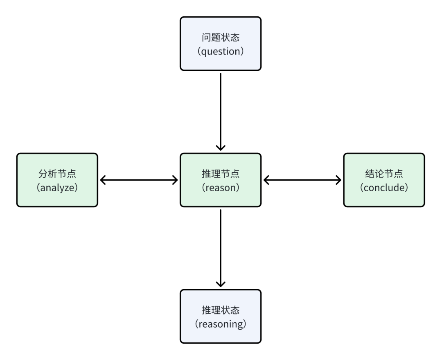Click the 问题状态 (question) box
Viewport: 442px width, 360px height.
(221, 44)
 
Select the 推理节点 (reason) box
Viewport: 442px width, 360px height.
(221, 180)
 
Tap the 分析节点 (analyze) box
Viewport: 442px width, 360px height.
(57, 180)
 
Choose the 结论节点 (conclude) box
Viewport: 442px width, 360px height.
(384, 180)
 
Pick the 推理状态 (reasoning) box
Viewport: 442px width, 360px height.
(221, 316)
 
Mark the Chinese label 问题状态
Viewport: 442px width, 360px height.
(221, 38)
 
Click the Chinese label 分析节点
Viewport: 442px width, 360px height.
(57, 174)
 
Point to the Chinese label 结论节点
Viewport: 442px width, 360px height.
(384, 174)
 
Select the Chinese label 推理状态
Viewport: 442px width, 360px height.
(221, 310)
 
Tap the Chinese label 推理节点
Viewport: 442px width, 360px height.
(221, 174)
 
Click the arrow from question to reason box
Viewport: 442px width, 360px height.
(221, 111)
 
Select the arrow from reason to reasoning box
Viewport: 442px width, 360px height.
(221, 248)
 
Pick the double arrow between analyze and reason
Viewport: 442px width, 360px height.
(139, 180)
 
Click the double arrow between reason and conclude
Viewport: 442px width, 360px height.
(302, 180)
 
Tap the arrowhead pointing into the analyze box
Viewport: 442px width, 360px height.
(102, 180)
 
